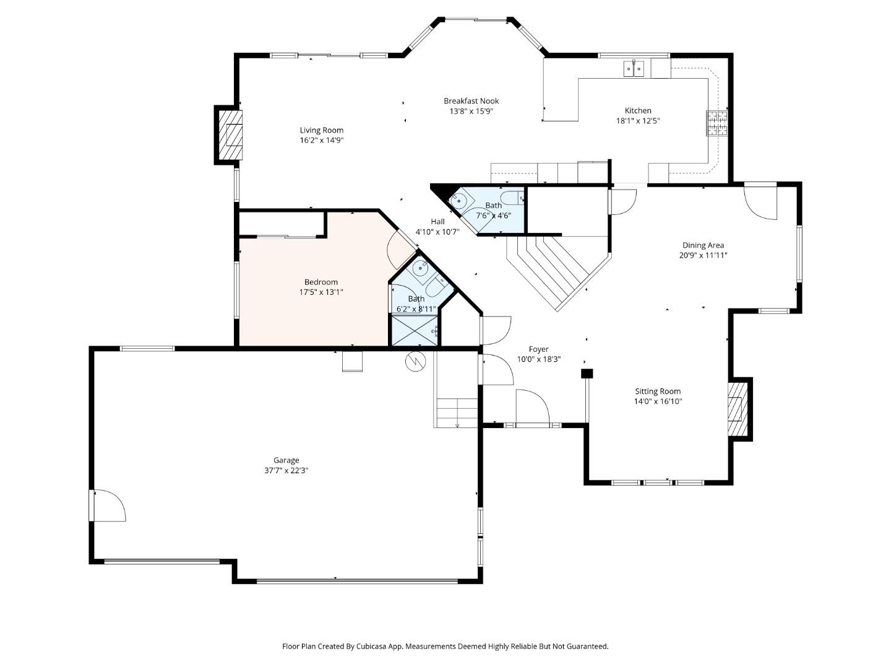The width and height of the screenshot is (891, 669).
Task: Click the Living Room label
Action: pyautogui.click(x=321, y=130)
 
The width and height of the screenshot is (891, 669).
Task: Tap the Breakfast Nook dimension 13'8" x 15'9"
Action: pyautogui.click(x=471, y=111)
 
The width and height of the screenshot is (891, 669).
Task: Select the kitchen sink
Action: pyautogui.click(x=634, y=68)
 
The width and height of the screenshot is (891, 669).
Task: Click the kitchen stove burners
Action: pyautogui.click(x=717, y=123)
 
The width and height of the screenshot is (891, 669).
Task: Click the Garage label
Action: pyautogui.click(x=286, y=460)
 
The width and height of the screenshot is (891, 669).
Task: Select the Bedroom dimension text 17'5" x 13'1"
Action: pyautogui.click(x=321, y=292)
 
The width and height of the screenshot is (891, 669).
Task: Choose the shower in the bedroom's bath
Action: pyautogui.click(x=415, y=330)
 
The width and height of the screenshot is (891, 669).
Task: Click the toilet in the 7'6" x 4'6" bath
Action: pyautogui.click(x=513, y=198)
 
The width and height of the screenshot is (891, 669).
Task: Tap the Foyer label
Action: pyautogui.click(x=538, y=349)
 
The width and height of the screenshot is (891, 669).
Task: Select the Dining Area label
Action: pyautogui.click(x=703, y=245)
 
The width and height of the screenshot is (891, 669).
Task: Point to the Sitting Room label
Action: pyautogui.click(x=657, y=391)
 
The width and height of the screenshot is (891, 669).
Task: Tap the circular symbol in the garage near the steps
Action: pyautogui.click(x=416, y=361)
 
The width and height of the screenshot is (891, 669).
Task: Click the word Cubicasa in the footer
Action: pyautogui.click(x=373, y=646)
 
